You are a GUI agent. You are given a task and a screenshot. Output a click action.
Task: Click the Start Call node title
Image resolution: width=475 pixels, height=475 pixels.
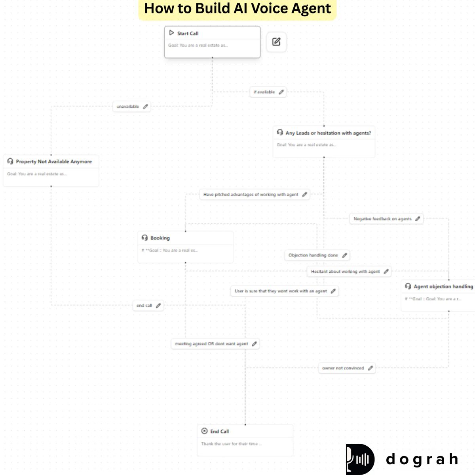click(188, 34)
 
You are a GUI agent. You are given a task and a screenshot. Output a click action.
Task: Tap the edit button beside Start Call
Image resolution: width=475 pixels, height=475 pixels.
click(276, 42)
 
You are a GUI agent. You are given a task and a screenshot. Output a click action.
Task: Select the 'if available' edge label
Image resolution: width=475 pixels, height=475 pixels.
click(264, 92)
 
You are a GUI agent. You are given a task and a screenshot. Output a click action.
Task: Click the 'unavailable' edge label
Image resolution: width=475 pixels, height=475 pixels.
click(127, 106)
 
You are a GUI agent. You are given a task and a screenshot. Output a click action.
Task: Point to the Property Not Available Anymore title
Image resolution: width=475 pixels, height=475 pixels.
click(54, 161)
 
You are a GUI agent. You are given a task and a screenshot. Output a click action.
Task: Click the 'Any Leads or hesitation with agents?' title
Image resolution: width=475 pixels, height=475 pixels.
click(328, 133)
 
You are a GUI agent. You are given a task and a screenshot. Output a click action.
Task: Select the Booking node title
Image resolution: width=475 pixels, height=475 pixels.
click(160, 238)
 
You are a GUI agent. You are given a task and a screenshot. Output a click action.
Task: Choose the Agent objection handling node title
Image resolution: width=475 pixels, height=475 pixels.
click(443, 286)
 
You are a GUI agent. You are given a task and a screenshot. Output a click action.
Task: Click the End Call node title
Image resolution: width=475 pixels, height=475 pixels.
click(219, 431)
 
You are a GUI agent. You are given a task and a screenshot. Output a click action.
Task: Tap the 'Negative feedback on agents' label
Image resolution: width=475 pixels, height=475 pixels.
click(382, 219)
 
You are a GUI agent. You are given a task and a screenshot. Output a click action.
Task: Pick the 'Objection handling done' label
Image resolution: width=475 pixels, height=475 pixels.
click(313, 255)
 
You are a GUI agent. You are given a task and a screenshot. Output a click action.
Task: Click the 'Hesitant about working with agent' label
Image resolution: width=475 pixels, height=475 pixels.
click(345, 272)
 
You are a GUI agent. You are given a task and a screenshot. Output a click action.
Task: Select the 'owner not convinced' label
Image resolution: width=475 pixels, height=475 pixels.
click(343, 368)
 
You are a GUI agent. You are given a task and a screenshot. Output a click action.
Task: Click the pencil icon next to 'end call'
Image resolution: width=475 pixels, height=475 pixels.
click(158, 306)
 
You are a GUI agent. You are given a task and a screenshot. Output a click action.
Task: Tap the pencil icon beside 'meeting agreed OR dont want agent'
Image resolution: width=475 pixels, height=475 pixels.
click(255, 344)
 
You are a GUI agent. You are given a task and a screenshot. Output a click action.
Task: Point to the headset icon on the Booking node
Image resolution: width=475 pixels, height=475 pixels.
click(144, 237)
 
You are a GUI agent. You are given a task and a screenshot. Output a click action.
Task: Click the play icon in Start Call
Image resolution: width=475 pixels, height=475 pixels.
click(171, 33)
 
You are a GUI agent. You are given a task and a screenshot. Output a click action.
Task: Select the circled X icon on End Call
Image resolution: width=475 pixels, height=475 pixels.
click(204, 431)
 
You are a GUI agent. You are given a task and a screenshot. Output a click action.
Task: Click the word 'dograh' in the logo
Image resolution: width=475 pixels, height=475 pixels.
click(422, 459)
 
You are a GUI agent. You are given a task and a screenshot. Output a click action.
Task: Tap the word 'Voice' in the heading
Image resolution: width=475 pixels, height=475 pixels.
click(269, 8)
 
